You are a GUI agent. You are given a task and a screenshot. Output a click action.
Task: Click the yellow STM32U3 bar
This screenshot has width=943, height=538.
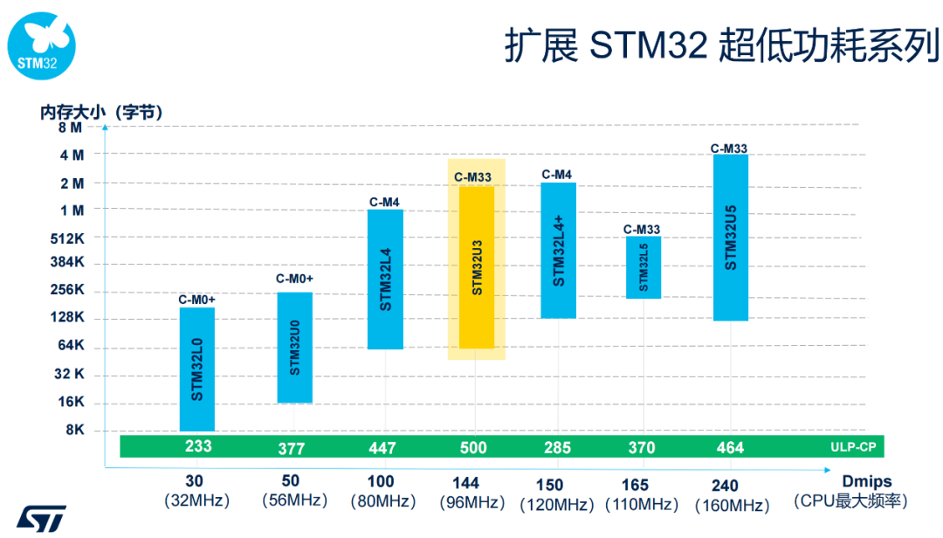tap(476, 267)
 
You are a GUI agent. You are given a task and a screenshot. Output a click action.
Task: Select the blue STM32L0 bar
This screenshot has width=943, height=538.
tap(197, 369)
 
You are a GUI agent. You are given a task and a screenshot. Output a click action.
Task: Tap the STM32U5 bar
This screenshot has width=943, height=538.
tap(731, 238)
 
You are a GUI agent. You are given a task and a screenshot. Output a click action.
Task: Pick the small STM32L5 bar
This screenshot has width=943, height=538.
tap(644, 267)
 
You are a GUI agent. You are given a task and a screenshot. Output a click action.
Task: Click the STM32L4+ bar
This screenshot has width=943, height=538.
tap(559, 251)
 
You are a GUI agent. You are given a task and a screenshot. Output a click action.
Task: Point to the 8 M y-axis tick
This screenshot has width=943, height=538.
tap(70, 128)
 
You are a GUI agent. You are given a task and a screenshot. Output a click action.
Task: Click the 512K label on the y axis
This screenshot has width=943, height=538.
tap(69, 238)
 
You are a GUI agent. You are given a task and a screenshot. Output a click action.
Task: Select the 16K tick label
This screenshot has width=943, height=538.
tap(70, 403)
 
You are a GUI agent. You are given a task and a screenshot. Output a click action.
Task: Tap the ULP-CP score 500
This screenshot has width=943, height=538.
tap(474, 447)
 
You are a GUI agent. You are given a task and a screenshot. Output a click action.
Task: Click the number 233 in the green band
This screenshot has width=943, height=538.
tap(198, 445)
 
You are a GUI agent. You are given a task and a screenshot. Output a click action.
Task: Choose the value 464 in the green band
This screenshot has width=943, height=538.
tap(730, 447)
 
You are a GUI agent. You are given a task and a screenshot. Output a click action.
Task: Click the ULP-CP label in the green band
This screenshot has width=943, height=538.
tap(853, 446)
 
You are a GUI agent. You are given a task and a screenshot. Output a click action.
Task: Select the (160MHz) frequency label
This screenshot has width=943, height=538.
tap(732, 506)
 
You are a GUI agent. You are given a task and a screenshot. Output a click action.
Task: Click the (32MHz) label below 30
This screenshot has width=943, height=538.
tap(196, 501)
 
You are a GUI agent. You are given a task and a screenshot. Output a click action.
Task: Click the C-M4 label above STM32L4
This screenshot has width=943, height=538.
tap(384, 202)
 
